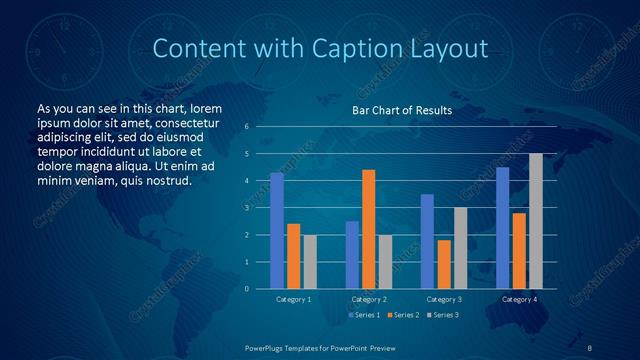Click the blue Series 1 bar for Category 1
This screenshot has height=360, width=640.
(x=277, y=231)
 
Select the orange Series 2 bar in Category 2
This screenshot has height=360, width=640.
(x=368, y=229)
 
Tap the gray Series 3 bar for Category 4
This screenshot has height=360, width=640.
(x=536, y=221)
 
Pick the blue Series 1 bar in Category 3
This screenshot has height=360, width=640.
(x=427, y=241)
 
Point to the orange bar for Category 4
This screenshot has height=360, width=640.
(x=519, y=251)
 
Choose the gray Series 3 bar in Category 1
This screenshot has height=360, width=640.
(x=310, y=262)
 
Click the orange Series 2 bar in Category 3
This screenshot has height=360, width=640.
(x=444, y=264)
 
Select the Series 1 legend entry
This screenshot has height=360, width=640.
(x=363, y=315)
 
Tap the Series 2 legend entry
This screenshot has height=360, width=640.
(x=401, y=315)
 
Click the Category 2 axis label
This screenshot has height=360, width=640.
(x=369, y=299)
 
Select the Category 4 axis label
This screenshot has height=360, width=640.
(x=519, y=299)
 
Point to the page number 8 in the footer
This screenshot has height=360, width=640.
(x=590, y=346)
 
